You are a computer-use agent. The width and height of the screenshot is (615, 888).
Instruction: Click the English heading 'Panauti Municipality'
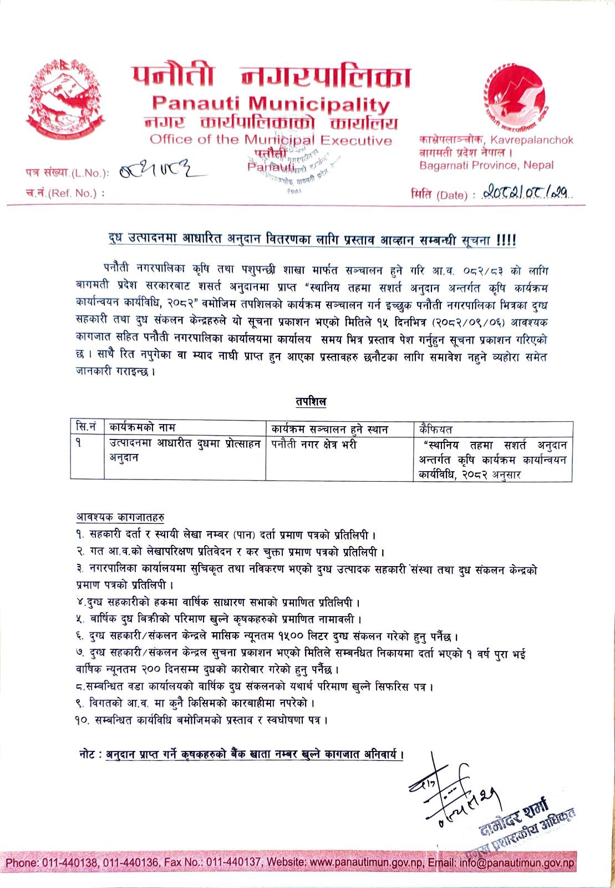pyautogui.click(x=271, y=104)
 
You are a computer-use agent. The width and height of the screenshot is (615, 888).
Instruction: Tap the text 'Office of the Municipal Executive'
pyautogui.click(x=271, y=139)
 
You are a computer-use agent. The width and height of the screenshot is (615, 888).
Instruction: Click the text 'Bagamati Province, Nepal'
pyautogui.click(x=486, y=165)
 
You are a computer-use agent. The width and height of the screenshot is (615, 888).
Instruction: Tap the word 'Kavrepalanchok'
pyautogui.click(x=538, y=140)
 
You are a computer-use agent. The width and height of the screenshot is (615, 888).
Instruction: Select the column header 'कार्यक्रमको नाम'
pyautogui.click(x=142, y=428)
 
